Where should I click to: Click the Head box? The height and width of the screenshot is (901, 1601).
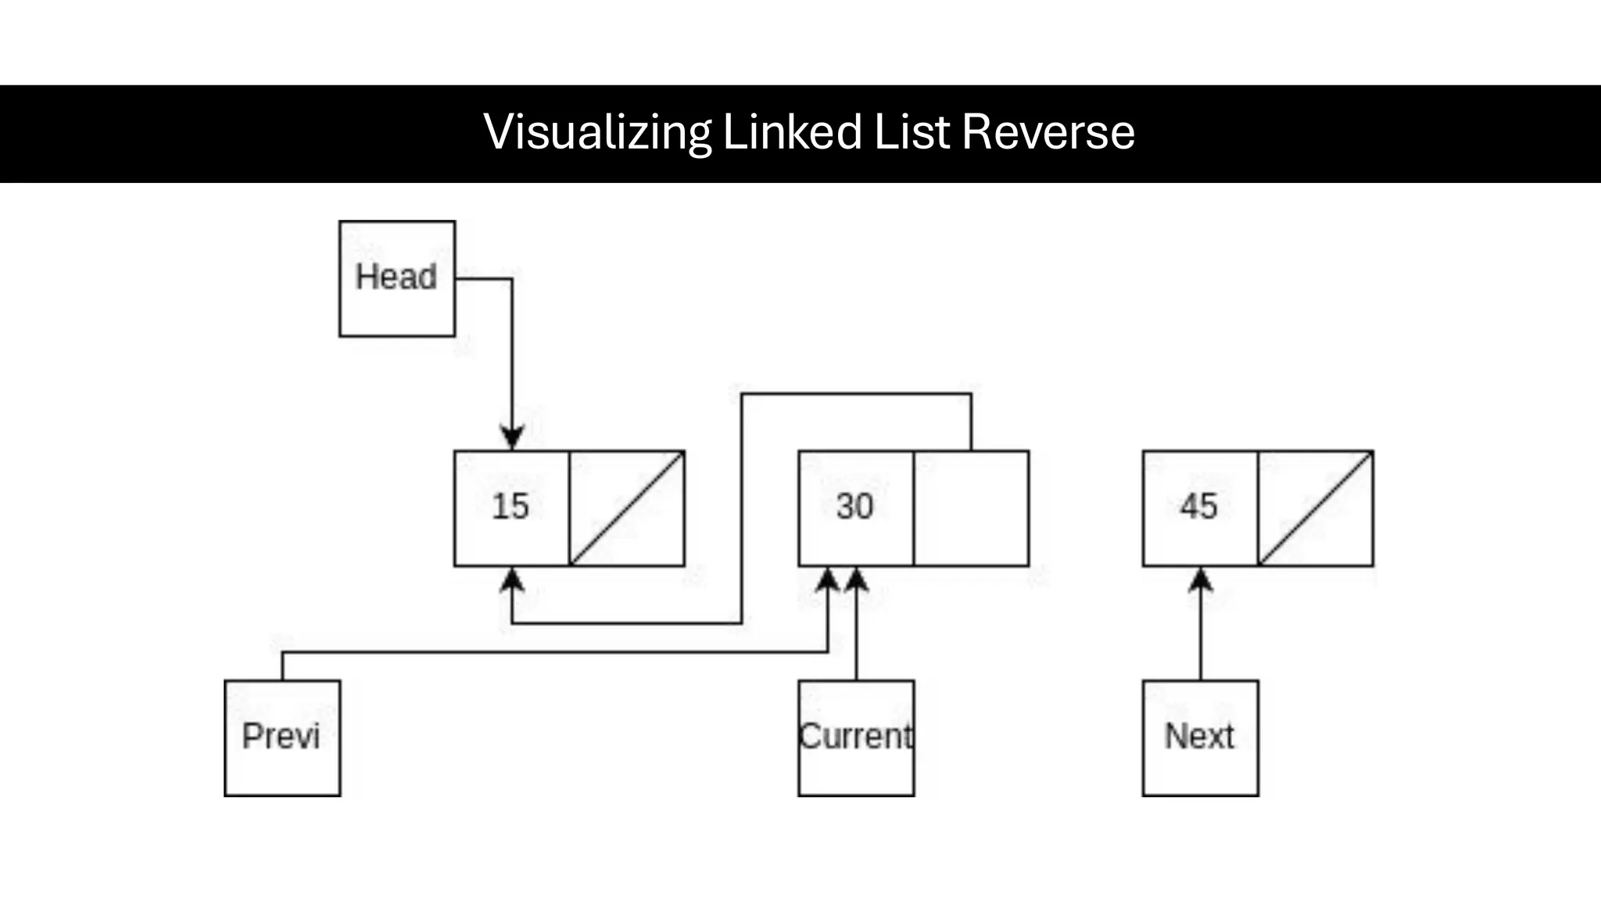point(397,278)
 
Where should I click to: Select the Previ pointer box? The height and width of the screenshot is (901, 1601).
point(282,738)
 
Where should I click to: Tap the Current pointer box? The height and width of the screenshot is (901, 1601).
point(856,738)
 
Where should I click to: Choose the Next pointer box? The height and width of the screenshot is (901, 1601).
point(1200,738)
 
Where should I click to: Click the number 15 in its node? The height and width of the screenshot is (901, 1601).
point(510,507)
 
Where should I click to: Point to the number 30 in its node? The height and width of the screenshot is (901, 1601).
point(854,507)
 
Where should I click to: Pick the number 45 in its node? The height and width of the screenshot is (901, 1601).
point(1198,507)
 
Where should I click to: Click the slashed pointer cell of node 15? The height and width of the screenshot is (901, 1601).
point(627,508)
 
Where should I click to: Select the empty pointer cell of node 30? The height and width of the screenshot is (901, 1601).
point(971,508)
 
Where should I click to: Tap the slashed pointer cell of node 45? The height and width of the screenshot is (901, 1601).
point(1316,508)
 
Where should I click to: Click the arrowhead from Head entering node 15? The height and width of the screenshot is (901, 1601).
point(512,438)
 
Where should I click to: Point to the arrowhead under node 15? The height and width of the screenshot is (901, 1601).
point(512,580)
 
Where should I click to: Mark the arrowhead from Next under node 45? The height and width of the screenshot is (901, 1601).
point(1201,580)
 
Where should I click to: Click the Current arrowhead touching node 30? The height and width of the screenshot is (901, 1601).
point(857,580)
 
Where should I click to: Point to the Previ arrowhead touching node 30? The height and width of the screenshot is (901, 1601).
point(828,580)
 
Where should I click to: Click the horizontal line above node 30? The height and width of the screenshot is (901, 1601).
point(856,394)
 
